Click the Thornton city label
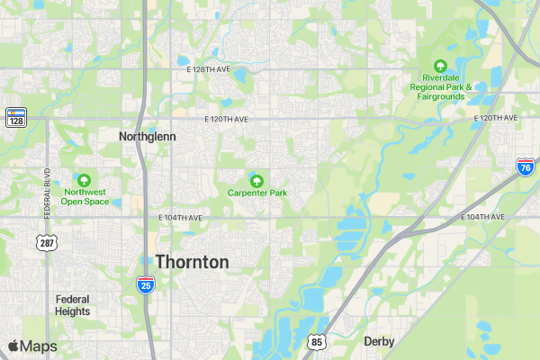pos(192,262)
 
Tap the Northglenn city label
pos(148,136)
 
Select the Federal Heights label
pos(72,305)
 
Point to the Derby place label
pos(379,341)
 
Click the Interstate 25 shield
pos(145,284)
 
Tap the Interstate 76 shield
pos(525,166)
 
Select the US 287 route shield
pos(46,243)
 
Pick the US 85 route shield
pos(315,341)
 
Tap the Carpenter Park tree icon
pos(256,180)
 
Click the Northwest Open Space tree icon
pos(85,180)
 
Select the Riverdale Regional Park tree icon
pos(440,66)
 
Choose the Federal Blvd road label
pos(46,193)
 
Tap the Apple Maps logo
pos(32,346)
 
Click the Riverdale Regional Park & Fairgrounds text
pos(440,86)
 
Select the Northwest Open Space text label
pos(85,196)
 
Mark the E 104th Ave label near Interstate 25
pos(180,218)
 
